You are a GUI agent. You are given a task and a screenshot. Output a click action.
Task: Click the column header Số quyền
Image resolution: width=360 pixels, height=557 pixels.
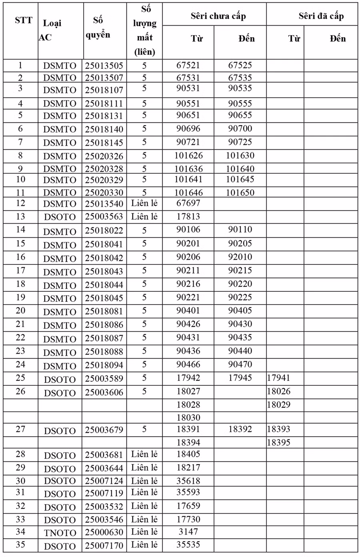(98, 27)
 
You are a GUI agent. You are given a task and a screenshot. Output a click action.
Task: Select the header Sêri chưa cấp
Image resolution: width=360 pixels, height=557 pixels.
(218, 16)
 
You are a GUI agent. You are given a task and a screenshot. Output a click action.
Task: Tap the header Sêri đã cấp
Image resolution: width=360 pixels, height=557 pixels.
(321, 16)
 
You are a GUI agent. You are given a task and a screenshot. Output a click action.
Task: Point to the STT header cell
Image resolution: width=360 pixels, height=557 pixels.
(24, 20)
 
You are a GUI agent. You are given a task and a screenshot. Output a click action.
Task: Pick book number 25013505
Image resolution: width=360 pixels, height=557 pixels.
(104, 66)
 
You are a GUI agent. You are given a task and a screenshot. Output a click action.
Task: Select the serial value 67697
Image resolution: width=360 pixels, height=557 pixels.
(188, 203)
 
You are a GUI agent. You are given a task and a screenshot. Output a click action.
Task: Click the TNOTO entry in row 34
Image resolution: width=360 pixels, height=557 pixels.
(60, 533)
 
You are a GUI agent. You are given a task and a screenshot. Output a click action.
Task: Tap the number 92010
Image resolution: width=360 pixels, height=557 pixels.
(240, 257)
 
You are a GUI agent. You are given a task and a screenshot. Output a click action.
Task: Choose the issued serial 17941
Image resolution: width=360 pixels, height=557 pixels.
(278, 378)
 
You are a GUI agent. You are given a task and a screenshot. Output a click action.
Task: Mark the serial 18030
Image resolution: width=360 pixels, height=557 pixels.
(188, 418)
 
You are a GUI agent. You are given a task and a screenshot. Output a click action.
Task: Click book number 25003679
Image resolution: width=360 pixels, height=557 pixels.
(104, 430)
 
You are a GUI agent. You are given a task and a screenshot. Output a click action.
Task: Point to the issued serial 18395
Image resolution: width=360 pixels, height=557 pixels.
(278, 443)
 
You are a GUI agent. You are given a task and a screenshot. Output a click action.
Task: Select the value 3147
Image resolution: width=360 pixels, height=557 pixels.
(188, 532)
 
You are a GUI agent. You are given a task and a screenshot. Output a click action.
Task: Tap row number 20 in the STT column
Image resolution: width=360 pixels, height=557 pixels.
(20, 311)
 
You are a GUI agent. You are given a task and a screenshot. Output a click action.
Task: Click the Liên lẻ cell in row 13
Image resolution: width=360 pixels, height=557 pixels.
(144, 217)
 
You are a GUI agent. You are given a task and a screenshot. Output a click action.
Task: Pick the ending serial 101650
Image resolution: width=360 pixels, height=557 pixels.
(240, 193)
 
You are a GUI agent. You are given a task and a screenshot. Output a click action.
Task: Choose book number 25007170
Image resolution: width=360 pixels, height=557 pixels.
(104, 546)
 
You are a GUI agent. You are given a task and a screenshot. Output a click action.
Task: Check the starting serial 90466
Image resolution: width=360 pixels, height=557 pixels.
(188, 365)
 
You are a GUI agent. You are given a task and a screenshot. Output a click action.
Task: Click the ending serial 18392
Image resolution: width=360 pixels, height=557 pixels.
(240, 429)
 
